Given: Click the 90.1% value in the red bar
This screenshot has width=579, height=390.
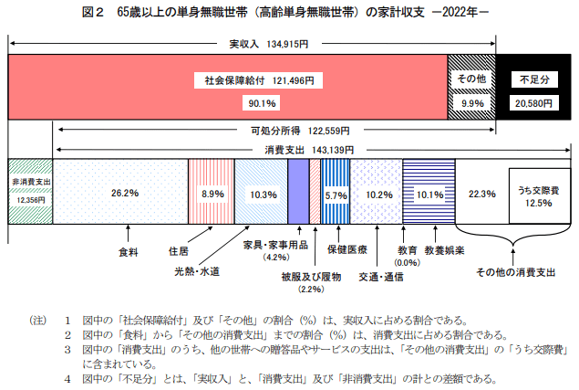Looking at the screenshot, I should pos(252,103).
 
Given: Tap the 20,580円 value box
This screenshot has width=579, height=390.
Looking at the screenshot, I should pos(532,103).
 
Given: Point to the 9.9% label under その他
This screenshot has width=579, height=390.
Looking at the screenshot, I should pos(472,103).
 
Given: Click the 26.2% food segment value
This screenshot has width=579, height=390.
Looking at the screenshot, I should pos(124,194).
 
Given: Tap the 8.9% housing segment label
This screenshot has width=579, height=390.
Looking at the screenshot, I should pos(212,194).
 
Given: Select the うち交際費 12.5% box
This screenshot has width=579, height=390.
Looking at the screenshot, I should pos(536,196).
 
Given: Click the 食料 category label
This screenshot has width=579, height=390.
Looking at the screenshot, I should pos(129,249).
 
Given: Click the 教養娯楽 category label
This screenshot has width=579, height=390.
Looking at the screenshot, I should pos(445,249).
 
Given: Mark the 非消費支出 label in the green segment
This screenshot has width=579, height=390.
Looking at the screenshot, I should pos(31,183).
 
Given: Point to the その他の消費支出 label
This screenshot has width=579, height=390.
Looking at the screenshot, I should pos(515,271).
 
